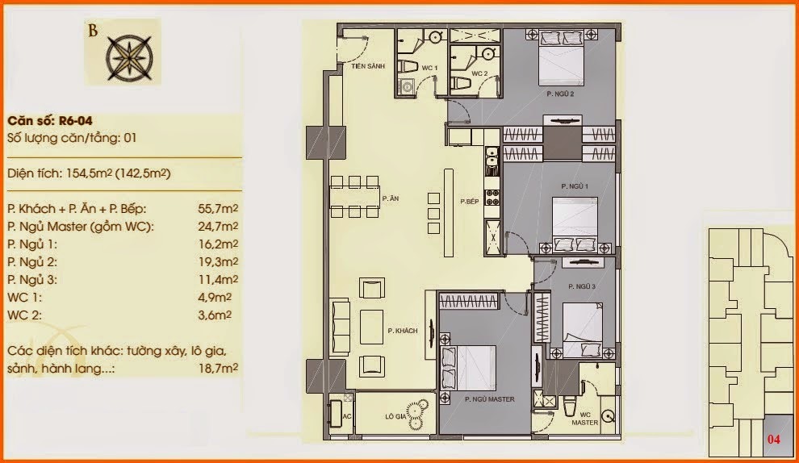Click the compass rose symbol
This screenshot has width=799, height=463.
click(129, 57)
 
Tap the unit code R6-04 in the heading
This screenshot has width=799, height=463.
click(75, 121)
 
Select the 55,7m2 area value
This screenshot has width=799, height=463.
click(218, 208)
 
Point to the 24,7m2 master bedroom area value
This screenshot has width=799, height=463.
click(218, 226)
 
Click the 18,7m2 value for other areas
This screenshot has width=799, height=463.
click(218, 368)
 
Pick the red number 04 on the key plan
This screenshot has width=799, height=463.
click(773, 439)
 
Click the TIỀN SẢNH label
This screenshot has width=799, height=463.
click(368, 66)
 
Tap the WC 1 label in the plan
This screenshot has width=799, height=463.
click(429, 68)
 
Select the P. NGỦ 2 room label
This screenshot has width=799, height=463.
click(561, 94)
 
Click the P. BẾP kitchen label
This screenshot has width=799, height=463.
click(469, 201)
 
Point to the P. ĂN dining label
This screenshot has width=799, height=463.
click(391, 198)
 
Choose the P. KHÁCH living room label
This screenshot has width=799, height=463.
click(403, 331)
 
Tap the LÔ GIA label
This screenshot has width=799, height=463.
click(395, 417)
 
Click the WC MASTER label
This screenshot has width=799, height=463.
click(584, 419)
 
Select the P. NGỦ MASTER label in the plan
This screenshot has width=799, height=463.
click(490, 399)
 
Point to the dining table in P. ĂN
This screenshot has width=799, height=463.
click(354, 197)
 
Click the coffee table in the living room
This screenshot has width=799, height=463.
click(371, 327)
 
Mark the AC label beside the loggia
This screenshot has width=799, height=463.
click(347, 417)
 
